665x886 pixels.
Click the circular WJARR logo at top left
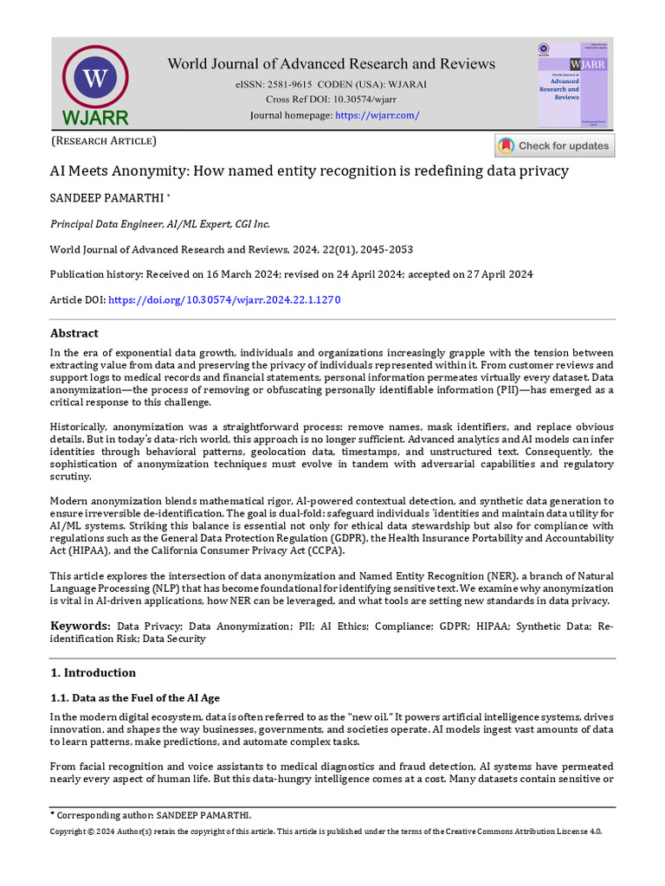(x=95, y=79)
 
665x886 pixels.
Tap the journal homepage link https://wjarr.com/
(x=377, y=115)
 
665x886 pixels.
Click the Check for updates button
(x=555, y=145)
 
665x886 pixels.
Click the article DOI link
(x=222, y=299)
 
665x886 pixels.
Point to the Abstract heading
(x=74, y=333)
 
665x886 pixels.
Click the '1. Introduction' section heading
(x=93, y=672)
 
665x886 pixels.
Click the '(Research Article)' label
(x=104, y=140)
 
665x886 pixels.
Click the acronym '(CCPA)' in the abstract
(x=326, y=550)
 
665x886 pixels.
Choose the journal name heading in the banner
(x=331, y=64)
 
